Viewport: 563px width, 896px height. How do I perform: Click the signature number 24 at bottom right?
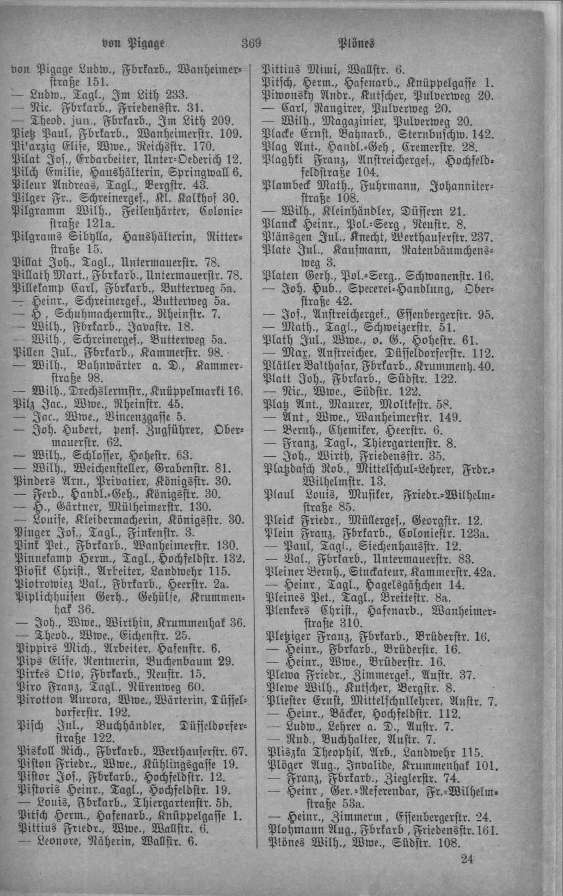467,858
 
